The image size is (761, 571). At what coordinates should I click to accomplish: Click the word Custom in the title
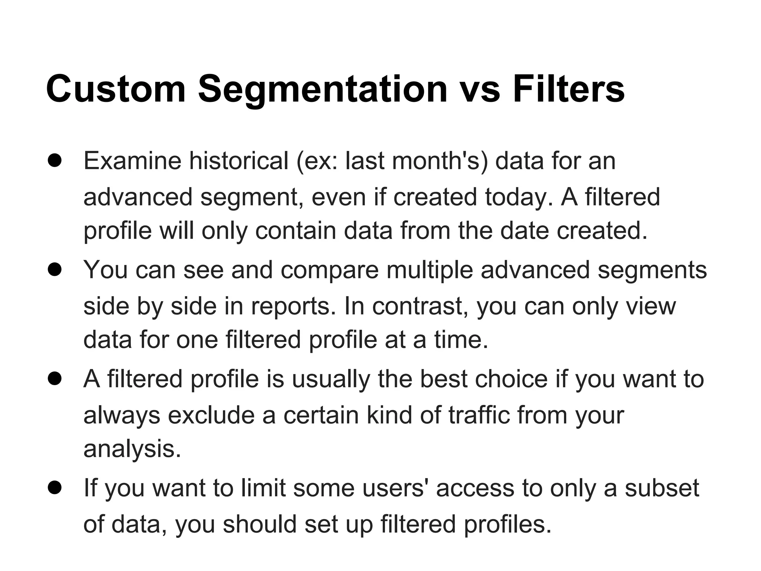(x=116, y=89)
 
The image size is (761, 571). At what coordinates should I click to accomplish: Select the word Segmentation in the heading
(x=322, y=89)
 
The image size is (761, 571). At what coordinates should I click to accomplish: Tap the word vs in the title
(x=480, y=89)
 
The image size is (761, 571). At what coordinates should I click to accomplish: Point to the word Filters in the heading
(x=569, y=89)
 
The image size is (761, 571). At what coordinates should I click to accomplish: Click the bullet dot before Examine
(x=55, y=161)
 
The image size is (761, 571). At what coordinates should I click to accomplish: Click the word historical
(x=239, y=161)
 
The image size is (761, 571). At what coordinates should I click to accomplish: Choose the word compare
(x=329, y=270)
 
